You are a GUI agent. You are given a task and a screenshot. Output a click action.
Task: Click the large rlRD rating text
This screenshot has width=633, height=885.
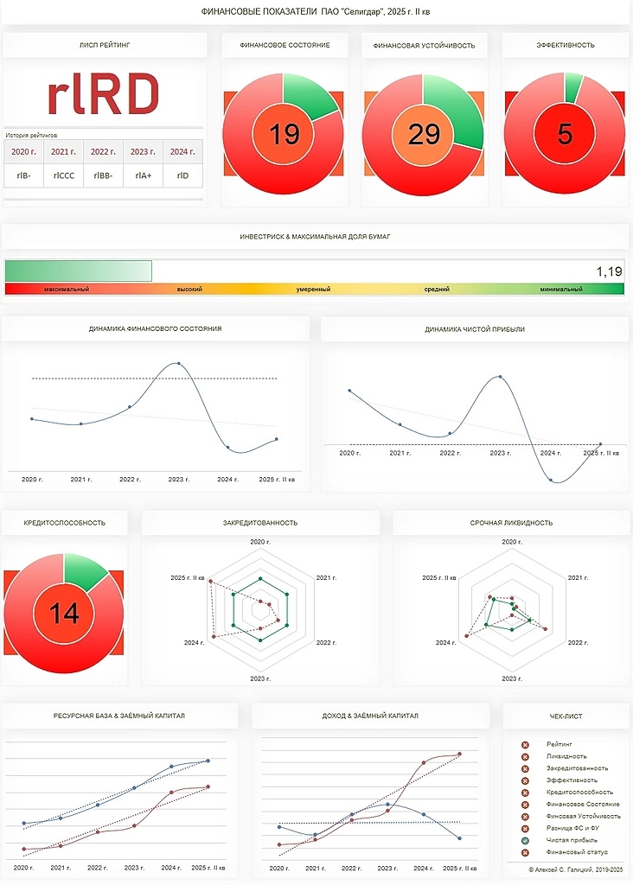pyautogui.click(x=103, y=93)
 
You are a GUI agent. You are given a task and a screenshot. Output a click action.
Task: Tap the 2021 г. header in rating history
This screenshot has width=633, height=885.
pyautogui.click(x=64, y=151)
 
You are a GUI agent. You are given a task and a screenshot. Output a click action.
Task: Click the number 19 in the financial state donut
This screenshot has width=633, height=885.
pyautogui.click(x=284, y=135)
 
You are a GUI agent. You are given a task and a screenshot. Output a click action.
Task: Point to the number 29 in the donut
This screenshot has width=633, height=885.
pyautogui.click(x=424, y=135)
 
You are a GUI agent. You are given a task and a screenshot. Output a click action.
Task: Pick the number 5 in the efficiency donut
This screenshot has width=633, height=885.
pyautogui.click(x=565, y=135)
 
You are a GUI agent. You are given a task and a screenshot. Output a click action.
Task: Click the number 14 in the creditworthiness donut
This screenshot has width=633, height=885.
pyautogui.click(x=64, y=613)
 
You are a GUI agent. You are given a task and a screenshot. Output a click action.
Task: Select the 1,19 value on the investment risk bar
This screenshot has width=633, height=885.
pyautogui.click(x=609, y=272)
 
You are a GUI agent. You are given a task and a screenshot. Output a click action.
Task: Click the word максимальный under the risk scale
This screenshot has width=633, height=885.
pyautogui.click(x=66, y=290)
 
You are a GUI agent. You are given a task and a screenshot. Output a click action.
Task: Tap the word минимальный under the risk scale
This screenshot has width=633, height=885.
pyautogui.click(x=561, y=290)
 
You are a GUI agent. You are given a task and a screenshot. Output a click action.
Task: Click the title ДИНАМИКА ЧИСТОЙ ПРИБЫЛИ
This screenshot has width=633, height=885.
pyautogui.click(x=475, y=329)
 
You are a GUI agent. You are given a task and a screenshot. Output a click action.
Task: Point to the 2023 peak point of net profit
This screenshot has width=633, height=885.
pyautogui.click(x=500, y=376)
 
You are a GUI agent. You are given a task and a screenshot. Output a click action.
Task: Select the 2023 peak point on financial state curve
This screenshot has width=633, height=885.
pyautogui.click(x=179, y=363)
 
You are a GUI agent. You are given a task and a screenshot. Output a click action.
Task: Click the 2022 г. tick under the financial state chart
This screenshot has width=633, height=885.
pyautogui.click(x=130, y=479)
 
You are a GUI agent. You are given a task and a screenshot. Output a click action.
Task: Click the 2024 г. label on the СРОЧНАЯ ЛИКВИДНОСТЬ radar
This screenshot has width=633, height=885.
pyautogui.click(x=446, y=643)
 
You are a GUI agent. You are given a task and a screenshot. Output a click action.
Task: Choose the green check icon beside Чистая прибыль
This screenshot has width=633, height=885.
pyautogui.click(x=525, y=840)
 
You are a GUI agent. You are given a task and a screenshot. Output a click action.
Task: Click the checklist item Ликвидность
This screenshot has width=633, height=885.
pyautogui.click(x=566, y=756)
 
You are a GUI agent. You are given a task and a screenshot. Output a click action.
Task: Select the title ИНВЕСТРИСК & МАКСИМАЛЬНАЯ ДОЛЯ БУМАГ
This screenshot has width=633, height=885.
pyautogui.click(x=315, y=236)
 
